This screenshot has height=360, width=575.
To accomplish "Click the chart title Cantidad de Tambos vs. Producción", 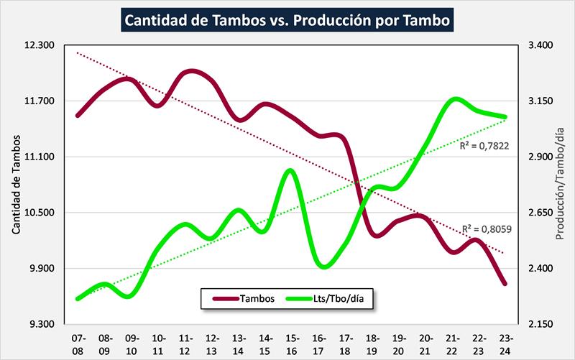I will pyautogui.click(x=288, y=21).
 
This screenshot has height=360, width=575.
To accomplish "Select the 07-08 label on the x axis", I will pyautogui.click(x=78, y=342).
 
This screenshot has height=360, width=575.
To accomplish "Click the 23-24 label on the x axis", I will pyautogui.click(x=505, y=342).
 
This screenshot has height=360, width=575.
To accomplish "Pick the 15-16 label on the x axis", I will pyautogui.click(x=291, y=342).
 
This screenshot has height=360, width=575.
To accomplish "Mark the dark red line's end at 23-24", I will pyautogui.click(x=505, y=283).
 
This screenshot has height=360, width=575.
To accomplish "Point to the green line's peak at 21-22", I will pyautogui.click(x=454, y=99).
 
